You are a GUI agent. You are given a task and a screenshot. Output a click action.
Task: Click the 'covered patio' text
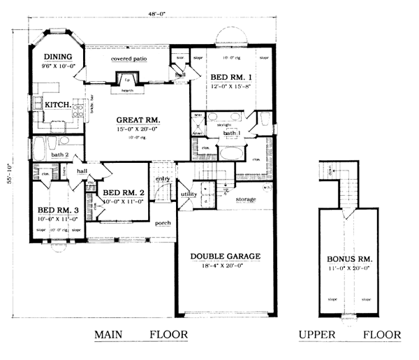(x=128, y=59)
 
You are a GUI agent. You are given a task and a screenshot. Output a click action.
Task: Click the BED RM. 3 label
(x=56, y=210)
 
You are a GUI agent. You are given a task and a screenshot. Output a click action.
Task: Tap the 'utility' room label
(x=189, y=194)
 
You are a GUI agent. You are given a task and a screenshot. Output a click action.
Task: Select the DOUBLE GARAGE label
(x=225, y=257)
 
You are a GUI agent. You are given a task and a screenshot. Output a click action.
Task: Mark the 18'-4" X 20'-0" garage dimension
(x=225, y=266)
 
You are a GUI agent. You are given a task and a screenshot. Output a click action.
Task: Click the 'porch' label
(x=163, y=223)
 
